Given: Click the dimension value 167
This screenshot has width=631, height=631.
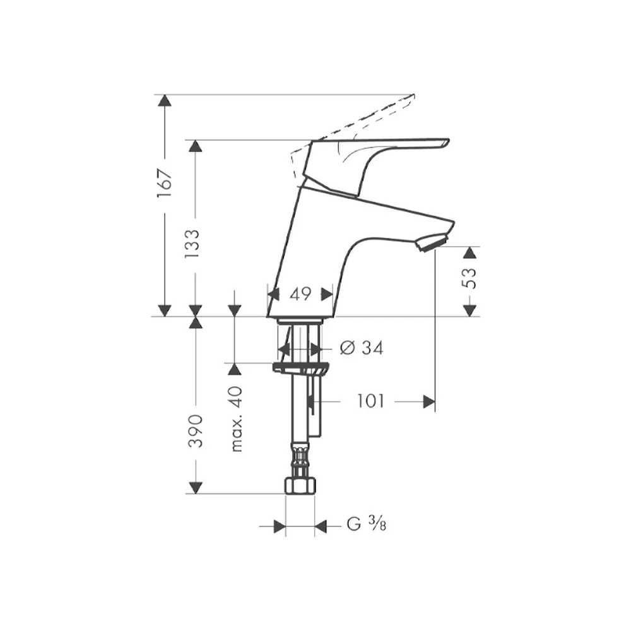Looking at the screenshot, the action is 165,183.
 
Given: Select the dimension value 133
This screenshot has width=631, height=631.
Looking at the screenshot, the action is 192,244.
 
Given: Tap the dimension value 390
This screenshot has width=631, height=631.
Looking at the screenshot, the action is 196,430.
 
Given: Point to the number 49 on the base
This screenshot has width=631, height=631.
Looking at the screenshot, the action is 300,294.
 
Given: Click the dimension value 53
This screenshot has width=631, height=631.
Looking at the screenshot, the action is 468,278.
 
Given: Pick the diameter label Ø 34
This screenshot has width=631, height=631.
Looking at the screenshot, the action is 362,348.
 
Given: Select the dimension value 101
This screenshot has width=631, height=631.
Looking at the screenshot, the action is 370,401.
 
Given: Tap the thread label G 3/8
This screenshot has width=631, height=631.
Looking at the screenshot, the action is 366,524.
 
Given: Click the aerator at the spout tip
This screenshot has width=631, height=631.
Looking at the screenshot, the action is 432,242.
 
